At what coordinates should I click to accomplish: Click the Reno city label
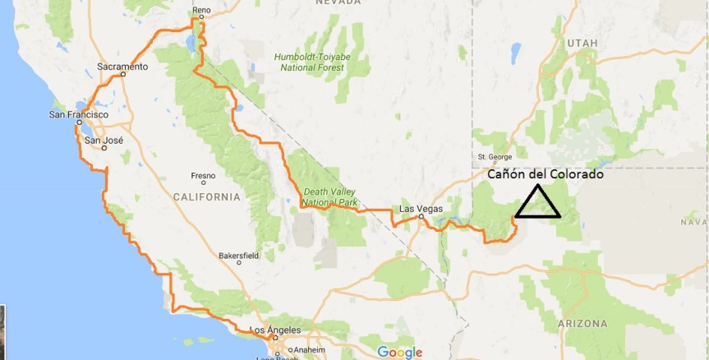click(201, 11)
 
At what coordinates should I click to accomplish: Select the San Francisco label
click(79, 114)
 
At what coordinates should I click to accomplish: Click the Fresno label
click(203, 175)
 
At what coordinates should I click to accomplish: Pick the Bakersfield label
click(238, 255)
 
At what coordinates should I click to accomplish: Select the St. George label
click(495, 156)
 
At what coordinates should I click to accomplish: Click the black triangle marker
click(538, 204)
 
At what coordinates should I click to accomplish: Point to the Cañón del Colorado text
click(546, 175)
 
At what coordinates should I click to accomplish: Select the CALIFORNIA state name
click(206, 197)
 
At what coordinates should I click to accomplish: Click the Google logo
click(400, 352)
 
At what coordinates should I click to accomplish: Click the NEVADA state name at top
click(338, 2)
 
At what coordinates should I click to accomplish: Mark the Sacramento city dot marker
click(122, 74)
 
